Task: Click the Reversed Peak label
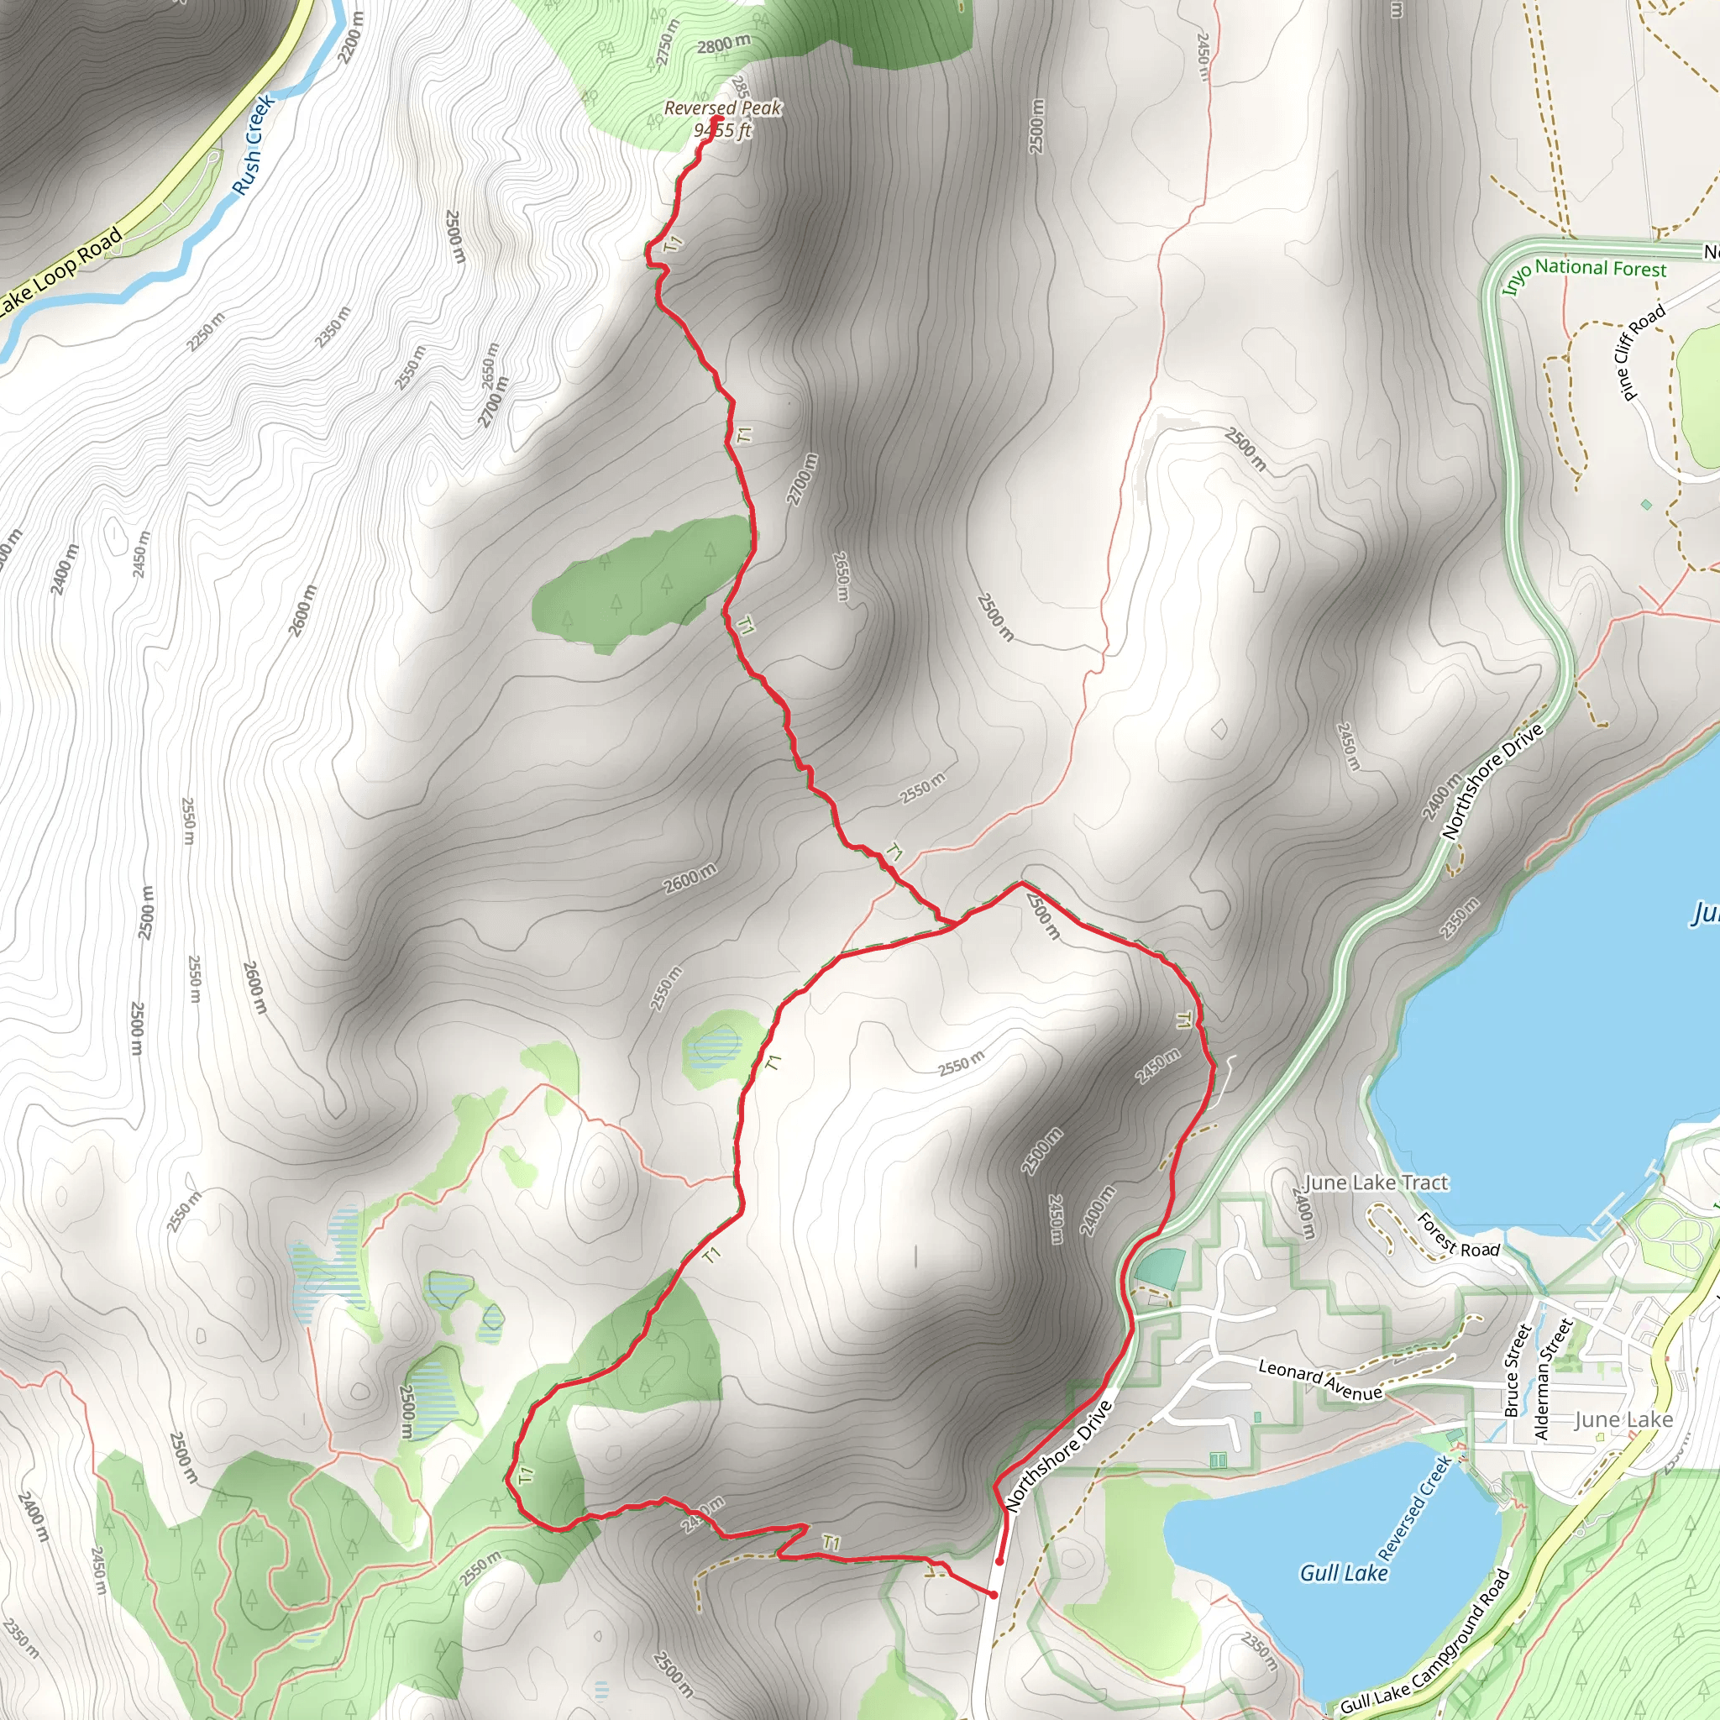[723, 107]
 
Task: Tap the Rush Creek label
[254, 145]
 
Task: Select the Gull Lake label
[1344, 1573]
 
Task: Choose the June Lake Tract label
[1376, 1182]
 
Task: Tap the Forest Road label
[1457, 1236]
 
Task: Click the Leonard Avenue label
[1320, 1379]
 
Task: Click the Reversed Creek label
[1417, 1508]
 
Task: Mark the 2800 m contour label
[723, 45]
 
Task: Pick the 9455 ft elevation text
[722, 131]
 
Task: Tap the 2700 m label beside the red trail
[801, 479]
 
